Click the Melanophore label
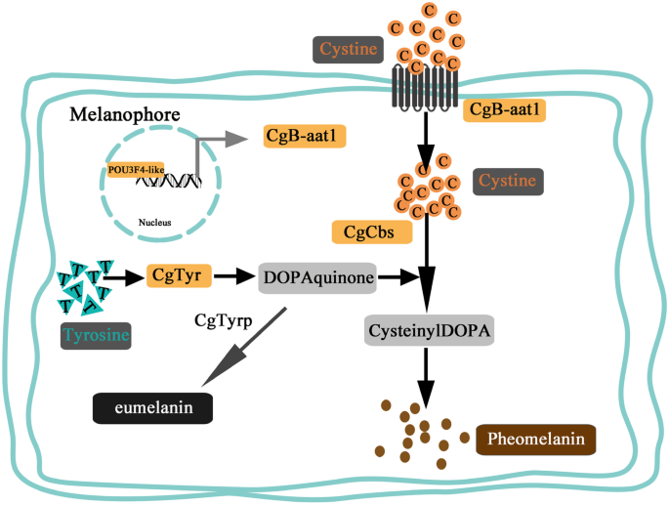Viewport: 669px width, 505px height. point(125,115)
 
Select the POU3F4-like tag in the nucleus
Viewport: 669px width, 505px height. point(136,170)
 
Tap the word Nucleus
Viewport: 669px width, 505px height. point(155,223)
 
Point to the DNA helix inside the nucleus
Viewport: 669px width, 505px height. point(169,181)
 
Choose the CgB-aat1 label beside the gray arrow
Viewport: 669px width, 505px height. point(304,136)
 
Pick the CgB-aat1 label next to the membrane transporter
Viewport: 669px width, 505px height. point(504,110)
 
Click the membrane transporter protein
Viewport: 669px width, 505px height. point(425,88)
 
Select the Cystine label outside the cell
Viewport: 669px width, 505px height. point(348,50)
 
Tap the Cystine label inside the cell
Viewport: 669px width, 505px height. point(508,182)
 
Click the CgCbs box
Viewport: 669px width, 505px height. point(372,232)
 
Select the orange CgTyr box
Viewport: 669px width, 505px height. point(179,275)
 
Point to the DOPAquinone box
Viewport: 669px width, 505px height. point(317,278)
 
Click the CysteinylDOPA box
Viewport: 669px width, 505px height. point(429,330)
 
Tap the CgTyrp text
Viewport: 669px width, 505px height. point(223,320)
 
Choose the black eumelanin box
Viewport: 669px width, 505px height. point(152,408)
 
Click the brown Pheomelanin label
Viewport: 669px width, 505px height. point(535,440)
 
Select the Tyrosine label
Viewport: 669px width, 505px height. point(96,336)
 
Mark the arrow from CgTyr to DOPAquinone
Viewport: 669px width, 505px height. point(233,276)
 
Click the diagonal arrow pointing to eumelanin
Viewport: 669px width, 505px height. point(244,347)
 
